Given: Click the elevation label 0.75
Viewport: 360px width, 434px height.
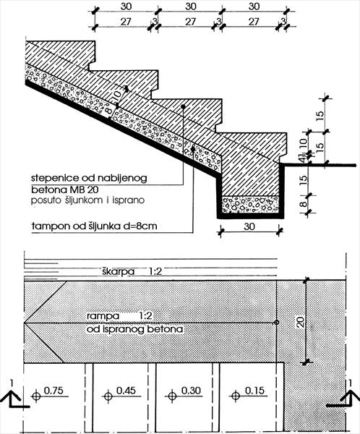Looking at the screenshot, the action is [x=53, y=391].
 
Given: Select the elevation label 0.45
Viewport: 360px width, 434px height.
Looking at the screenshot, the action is [x=126, y=391].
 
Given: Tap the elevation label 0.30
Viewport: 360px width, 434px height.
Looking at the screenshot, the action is [x=191, y=391].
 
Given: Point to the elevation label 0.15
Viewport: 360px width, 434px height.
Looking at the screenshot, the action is [x=254, y=391].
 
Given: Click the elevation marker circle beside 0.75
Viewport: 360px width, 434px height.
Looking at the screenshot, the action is [x=36, y=396].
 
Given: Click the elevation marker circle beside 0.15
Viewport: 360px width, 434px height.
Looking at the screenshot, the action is [x=236, y=396].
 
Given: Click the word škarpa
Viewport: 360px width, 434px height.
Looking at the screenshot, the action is [x=118, y=271].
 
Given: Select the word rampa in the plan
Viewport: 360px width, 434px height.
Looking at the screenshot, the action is [x=103, y=316].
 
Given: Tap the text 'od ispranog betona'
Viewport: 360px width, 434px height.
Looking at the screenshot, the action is [x=134, y=329].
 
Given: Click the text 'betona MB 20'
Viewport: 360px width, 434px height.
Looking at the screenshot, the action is [x=65, y=190].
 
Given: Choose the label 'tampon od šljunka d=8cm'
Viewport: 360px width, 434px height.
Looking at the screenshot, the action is [x=95, y=226].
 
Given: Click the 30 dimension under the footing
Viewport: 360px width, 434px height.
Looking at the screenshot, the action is [x=249, y=226].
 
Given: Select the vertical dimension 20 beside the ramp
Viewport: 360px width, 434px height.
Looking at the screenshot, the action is [x=300, y=322].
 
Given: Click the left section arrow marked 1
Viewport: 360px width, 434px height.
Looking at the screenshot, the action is [x=14, y=398].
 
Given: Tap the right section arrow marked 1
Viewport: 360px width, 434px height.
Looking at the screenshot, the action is [x=345, y=397].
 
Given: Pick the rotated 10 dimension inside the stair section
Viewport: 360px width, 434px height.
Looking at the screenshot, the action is [x=117, y=95].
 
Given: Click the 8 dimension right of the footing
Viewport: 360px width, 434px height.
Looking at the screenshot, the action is [x=304, y=204].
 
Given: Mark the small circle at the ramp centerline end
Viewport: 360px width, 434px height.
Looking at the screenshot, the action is [x=276, y=323].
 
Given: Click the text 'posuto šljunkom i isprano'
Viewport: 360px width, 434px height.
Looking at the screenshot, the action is [x=87, y=200].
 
